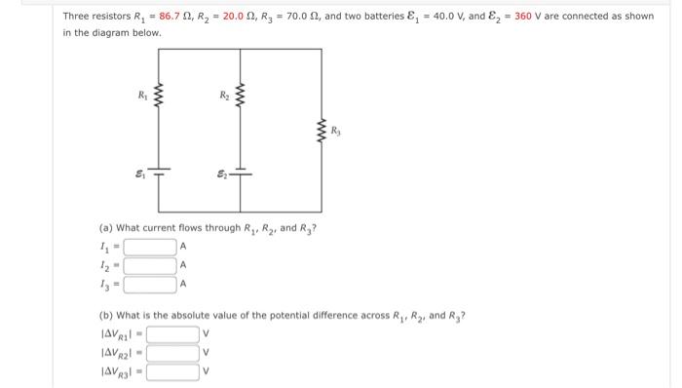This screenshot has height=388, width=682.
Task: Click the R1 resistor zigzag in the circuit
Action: coord(160,98)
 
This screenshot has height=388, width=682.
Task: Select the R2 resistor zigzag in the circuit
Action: coord(241,98)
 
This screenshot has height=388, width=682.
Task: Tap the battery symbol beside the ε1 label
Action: coord(160,174)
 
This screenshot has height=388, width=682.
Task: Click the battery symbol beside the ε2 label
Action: coord(241,174)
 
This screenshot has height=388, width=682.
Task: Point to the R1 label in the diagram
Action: coord(142,96)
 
